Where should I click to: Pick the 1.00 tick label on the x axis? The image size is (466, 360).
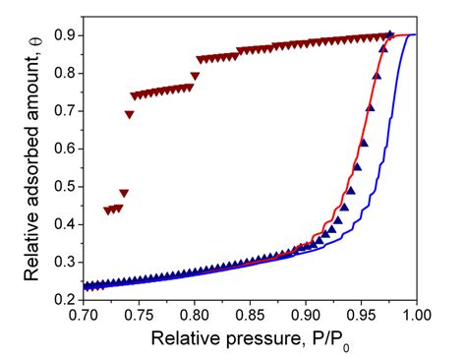(416, 317)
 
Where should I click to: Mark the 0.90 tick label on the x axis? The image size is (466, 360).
(306, 317)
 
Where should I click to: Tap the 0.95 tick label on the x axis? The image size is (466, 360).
(361, 317)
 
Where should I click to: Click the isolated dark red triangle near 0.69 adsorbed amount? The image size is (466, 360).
(129, 115)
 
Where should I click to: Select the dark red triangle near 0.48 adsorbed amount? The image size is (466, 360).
(124, 193)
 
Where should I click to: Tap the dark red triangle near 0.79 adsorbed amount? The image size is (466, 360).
(195, 76)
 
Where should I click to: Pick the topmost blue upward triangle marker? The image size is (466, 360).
(390, 34)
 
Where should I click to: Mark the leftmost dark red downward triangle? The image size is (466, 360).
(108, 210)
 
